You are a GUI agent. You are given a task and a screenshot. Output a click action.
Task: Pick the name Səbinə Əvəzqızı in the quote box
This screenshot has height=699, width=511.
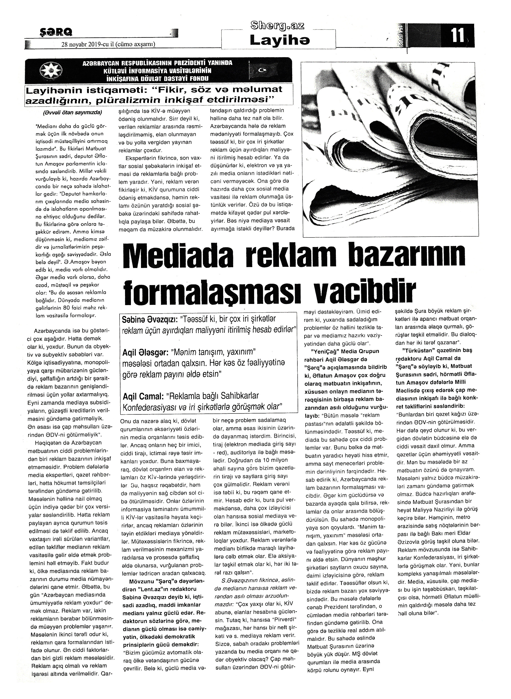pyautogui.click(x=149, y=319)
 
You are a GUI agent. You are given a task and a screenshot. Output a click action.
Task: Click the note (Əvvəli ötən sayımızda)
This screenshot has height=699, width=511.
pyautogui.click(x=73, y=112)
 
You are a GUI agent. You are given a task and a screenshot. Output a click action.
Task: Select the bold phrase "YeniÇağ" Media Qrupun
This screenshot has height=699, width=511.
pyautogui.click(x=345, y=351)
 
